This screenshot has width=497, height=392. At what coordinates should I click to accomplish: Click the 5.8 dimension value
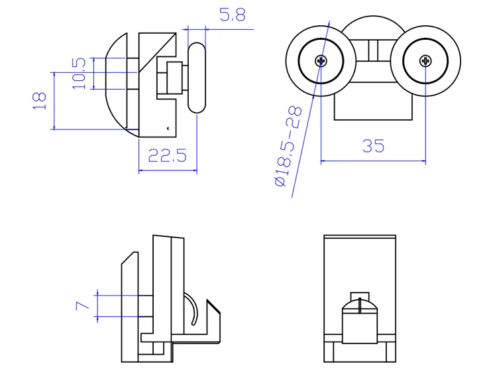point(232,15)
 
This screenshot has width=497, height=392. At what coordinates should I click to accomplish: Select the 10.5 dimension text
point(80,73)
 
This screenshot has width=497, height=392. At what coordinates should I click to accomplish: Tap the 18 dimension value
point(40,100)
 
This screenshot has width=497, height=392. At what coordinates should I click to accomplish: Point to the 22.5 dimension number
point(168,156)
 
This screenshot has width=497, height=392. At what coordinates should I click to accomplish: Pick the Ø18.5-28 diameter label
point(289,146)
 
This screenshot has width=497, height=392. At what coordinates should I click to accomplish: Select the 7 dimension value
point(82,305)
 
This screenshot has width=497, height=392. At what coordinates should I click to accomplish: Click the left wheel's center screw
point(321,61)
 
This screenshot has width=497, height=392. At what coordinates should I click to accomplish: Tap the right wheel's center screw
point(425,61)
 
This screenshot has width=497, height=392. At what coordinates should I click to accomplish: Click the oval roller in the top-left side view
point(197,77)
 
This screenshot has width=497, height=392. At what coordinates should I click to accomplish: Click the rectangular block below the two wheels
point(372,106)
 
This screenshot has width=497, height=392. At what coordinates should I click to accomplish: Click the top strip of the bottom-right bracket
point(359,237)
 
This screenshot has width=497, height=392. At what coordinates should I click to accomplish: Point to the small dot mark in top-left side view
point(168,127)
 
